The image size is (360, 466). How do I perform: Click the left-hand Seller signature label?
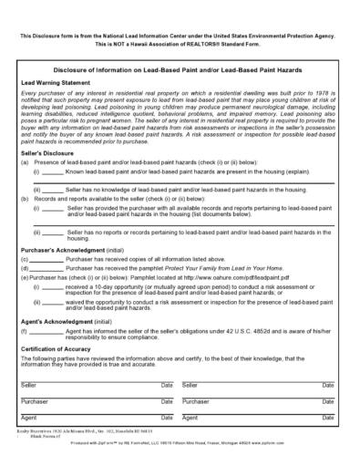pos(28,386)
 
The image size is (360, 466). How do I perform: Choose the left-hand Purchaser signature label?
pos(34,401)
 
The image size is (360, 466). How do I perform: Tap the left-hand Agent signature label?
pos(28,417)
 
